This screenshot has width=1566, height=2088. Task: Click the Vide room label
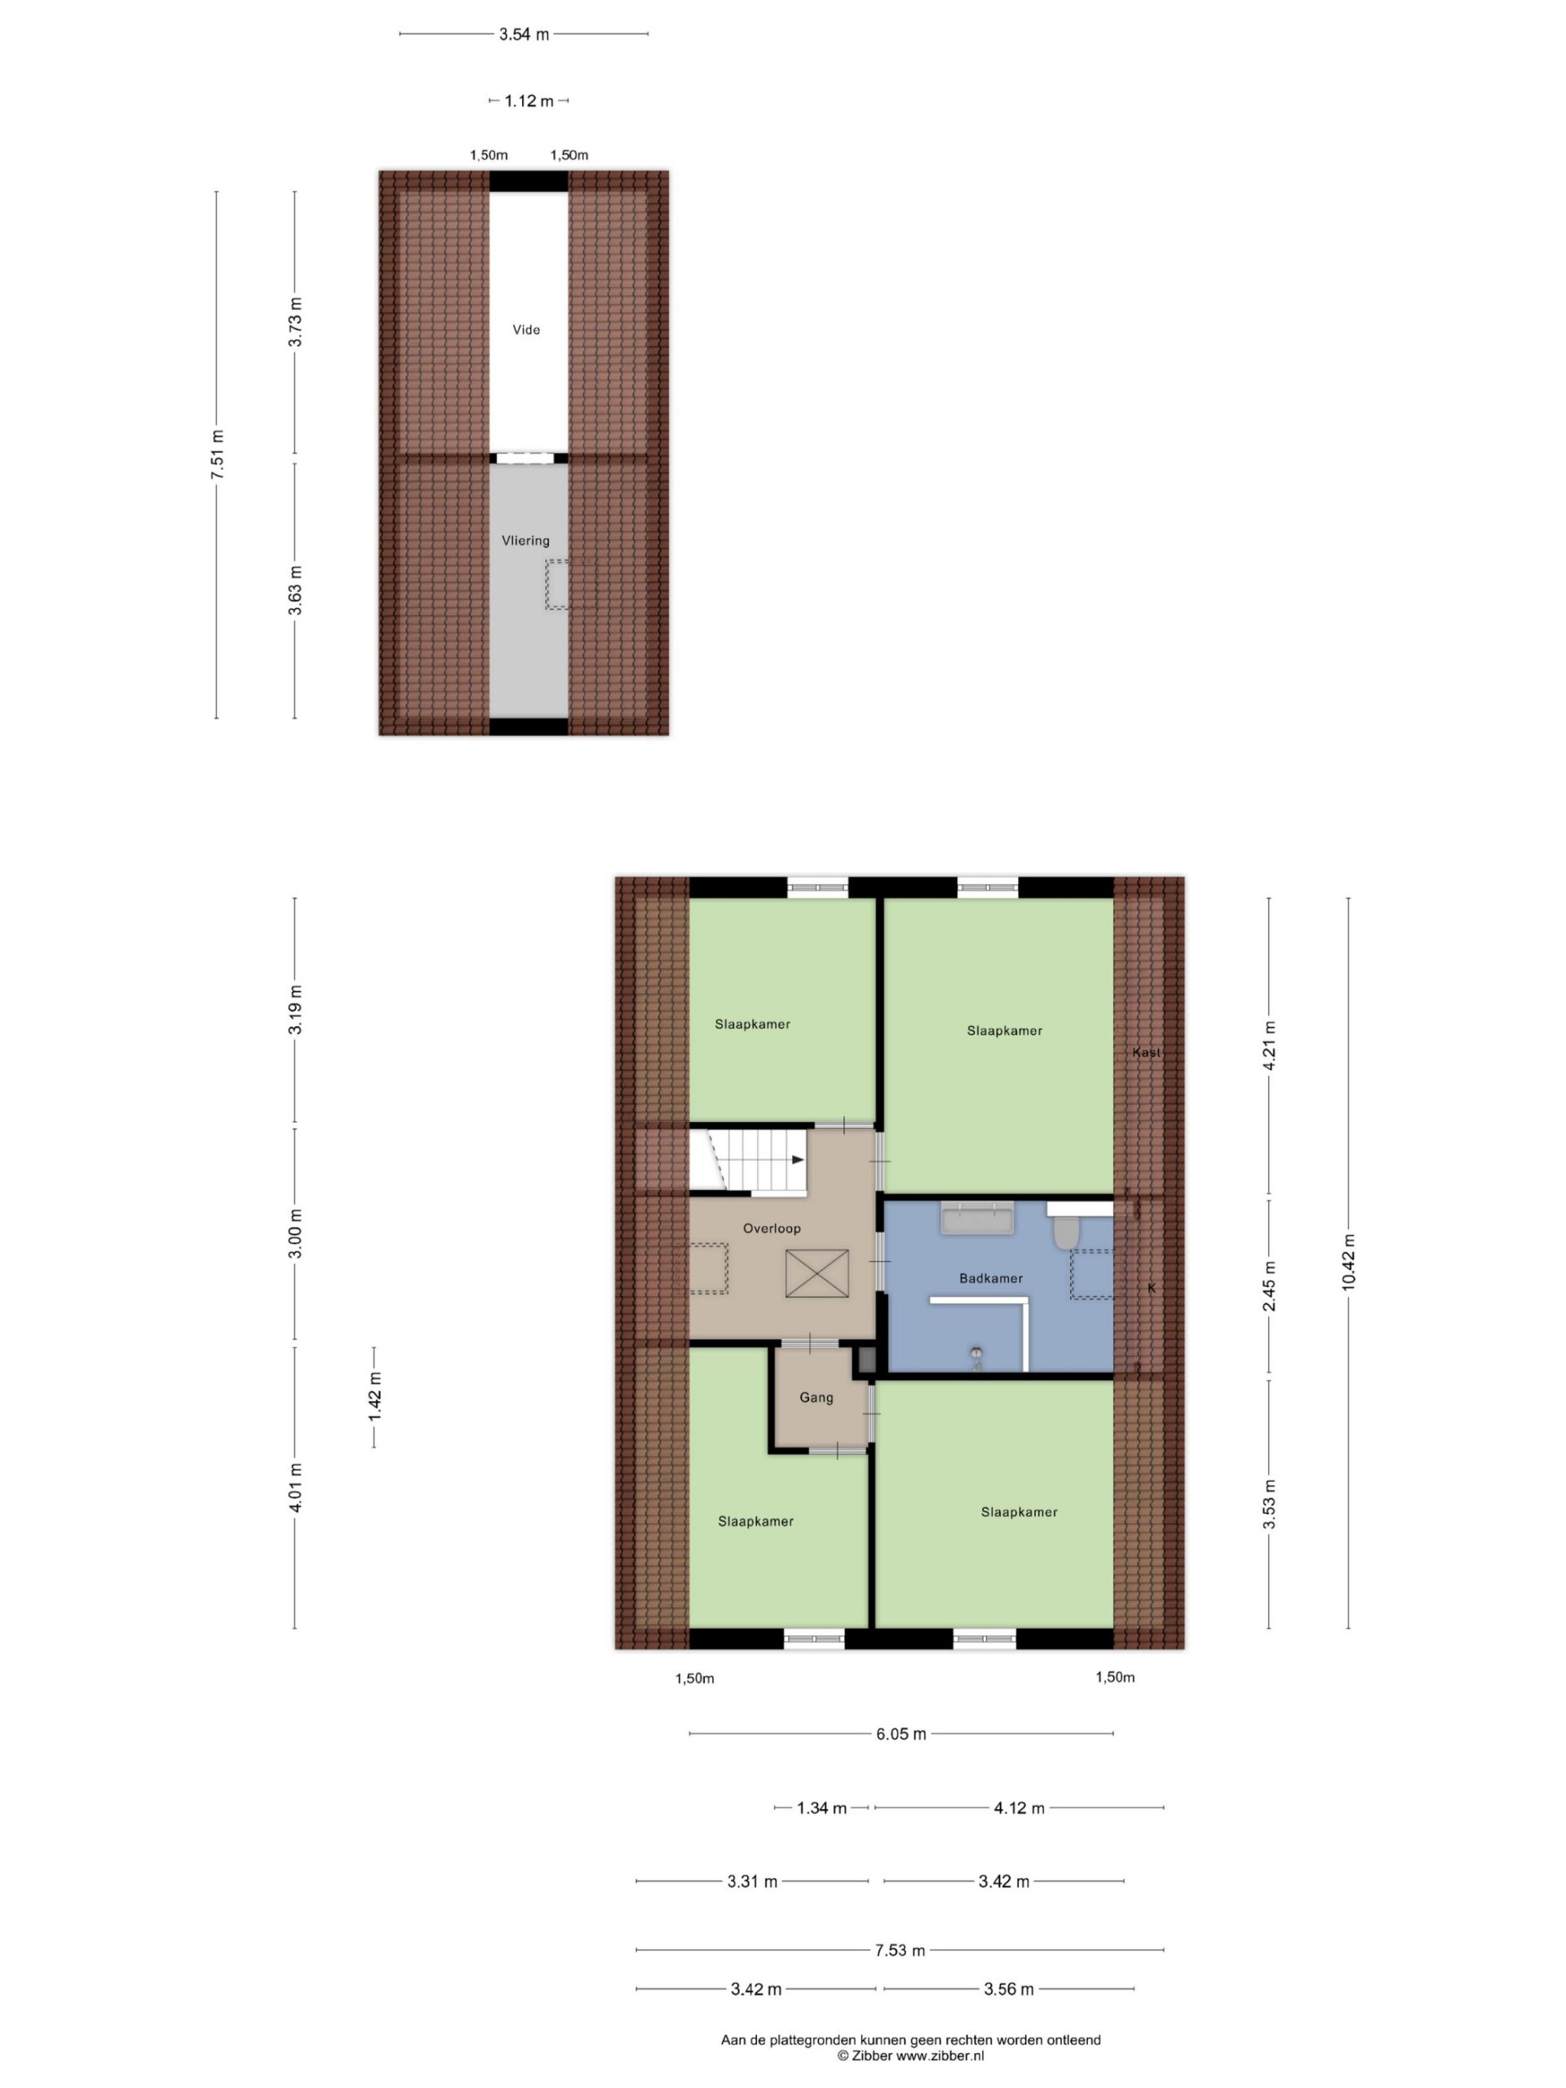coord(526,330)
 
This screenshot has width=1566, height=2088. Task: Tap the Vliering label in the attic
coord(524,541)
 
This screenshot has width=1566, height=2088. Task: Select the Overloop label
coord(772,1228)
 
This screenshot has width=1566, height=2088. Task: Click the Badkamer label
coord(990,1278)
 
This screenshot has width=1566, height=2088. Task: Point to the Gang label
coord(816,1397)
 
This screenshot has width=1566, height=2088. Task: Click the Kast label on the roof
coord(1146,1052)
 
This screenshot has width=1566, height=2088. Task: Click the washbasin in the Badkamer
coord(977,1218)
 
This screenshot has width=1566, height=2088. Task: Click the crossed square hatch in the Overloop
coord(816,1273)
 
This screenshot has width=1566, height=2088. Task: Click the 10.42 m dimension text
coord(1348,1262)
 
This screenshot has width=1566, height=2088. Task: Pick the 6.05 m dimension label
coord(900,1733)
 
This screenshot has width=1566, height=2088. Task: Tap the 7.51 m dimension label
coord(217,454)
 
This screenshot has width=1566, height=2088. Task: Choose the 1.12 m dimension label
coord(529,101)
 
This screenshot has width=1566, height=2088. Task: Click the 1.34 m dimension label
coord(821,1807)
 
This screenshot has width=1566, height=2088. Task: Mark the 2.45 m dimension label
coord(1270,1285)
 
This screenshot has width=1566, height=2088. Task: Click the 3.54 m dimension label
coord(524,35)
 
